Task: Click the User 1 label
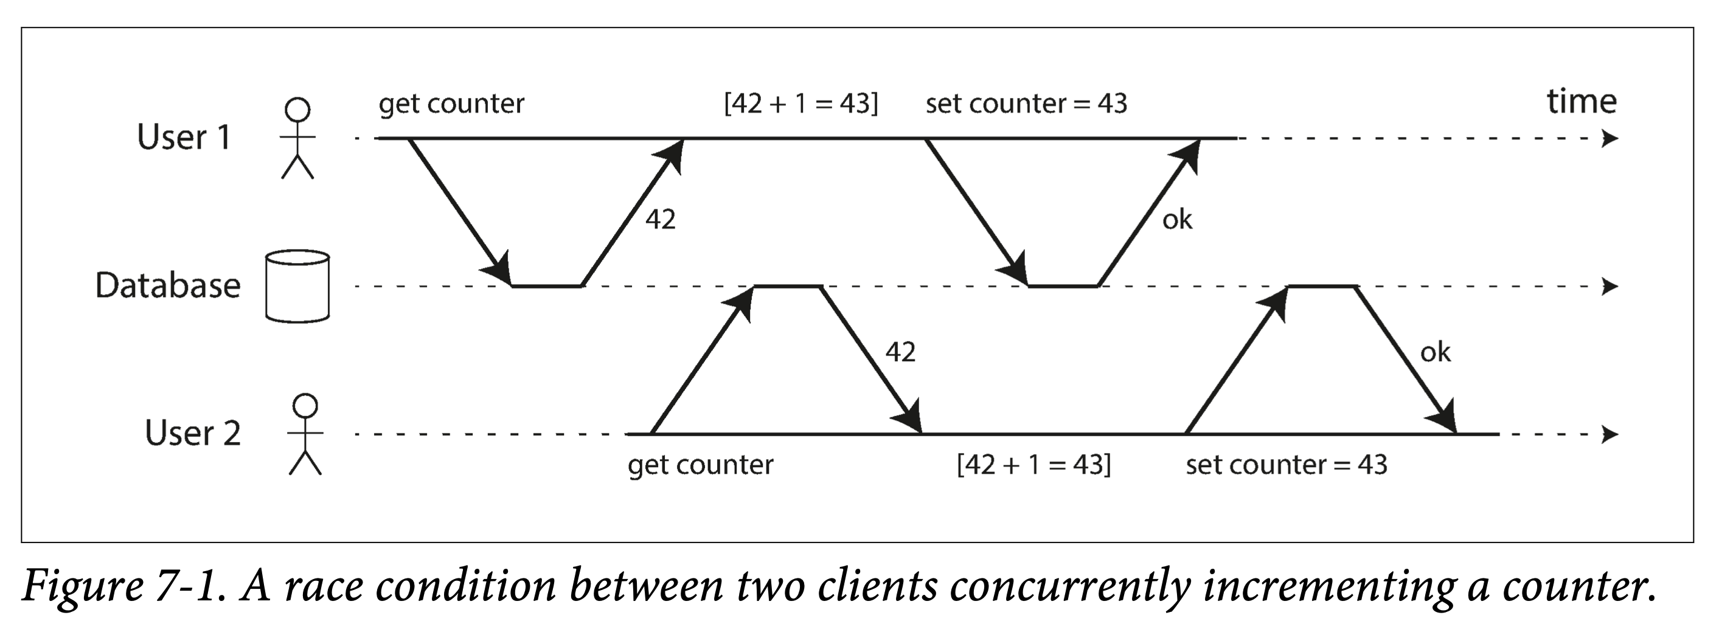point(184,137)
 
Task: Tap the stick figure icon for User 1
point(297,138)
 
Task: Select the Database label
point(167,285)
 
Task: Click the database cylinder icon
point(297,286)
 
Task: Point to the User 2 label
point(192,433)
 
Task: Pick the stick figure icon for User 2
point(305,435)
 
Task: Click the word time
point(1582,102)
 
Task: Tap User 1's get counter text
point(451,104)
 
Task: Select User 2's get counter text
point(700,465)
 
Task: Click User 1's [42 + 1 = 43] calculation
point(800,104)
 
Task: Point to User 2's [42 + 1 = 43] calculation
point(1033,465)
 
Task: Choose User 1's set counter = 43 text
point(1026,104)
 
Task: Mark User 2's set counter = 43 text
point(1286,465)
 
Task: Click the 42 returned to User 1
point(660,219)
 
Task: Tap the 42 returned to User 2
point(900,352)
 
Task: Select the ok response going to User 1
point(1177,219)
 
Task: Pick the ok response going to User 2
point(1436,352)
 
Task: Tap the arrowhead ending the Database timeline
point(1610,286)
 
